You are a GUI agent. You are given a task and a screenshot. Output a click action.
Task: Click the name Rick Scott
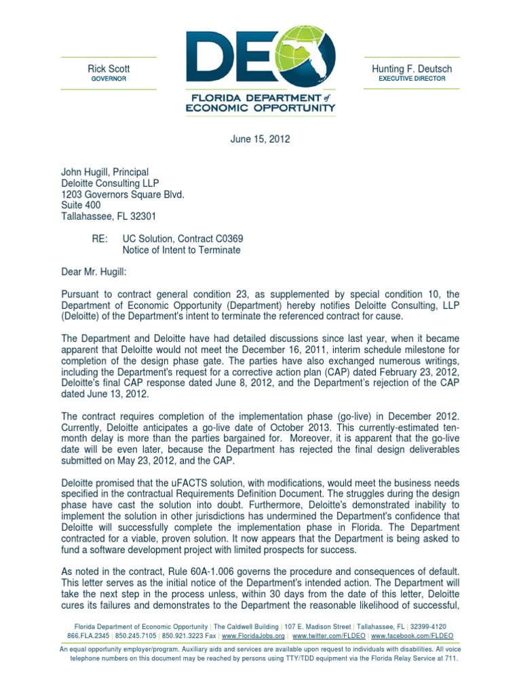click(109, 69)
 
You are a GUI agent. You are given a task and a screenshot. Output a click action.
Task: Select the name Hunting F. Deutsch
click(412, 69)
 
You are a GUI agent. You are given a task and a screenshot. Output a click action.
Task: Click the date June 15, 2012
click(260, 139)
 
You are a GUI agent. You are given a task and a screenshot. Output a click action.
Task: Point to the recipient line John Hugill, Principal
click(105, 172)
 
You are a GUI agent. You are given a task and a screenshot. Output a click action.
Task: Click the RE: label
click(100, 239)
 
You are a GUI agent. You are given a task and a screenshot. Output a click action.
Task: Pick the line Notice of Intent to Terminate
click(181, 250)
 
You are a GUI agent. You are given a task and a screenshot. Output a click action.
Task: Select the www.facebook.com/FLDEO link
click(412, 637)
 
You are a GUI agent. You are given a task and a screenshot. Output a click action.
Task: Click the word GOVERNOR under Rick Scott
click(109, 79)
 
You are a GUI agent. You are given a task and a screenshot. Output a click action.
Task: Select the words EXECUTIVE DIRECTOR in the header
click(412, 79)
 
